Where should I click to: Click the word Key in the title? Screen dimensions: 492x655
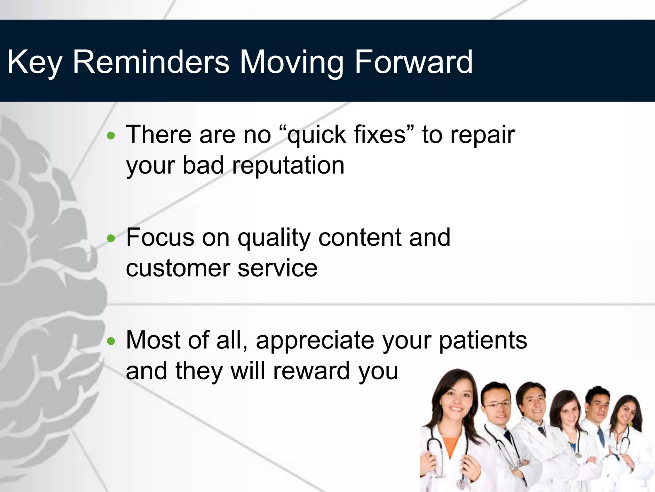[34, 62]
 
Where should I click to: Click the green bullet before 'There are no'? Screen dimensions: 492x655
[111, 136]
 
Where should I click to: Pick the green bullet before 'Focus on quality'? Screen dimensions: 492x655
[111, 239]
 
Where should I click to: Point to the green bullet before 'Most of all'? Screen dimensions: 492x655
[111, 341]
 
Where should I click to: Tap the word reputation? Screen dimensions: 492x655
[288, 166]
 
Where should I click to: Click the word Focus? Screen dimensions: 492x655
[160, 238]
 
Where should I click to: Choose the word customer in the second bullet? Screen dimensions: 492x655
[178, 268]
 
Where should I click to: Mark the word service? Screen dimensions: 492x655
[277, 268]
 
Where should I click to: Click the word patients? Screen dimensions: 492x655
[483, 340]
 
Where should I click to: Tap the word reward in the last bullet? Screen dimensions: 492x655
[312, 371]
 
